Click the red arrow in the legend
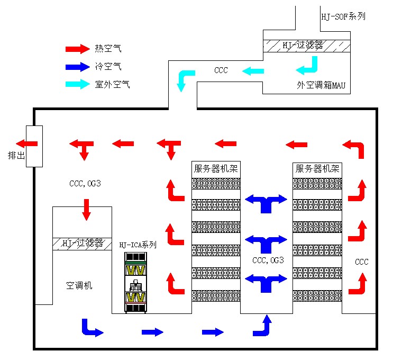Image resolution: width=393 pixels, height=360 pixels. pos(77,49)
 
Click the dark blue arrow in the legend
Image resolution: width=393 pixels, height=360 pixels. pos(77,67)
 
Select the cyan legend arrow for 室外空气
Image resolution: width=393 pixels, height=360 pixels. pos(77,84)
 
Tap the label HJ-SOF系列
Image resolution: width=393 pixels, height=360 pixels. pos(343,16)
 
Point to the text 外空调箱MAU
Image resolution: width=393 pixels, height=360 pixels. pos(321,85)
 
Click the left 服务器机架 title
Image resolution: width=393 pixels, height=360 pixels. pos(216,169)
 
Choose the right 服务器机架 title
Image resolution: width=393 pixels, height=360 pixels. pos(317,169)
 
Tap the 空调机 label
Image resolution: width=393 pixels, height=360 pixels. pos(79,285)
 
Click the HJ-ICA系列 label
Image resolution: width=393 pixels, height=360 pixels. pos(138,245)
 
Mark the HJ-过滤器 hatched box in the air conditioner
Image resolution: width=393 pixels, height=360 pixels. pos(82,244)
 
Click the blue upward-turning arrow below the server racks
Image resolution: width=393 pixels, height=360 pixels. pos(263,326)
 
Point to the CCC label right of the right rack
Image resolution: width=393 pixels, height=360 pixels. pos(361,262)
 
